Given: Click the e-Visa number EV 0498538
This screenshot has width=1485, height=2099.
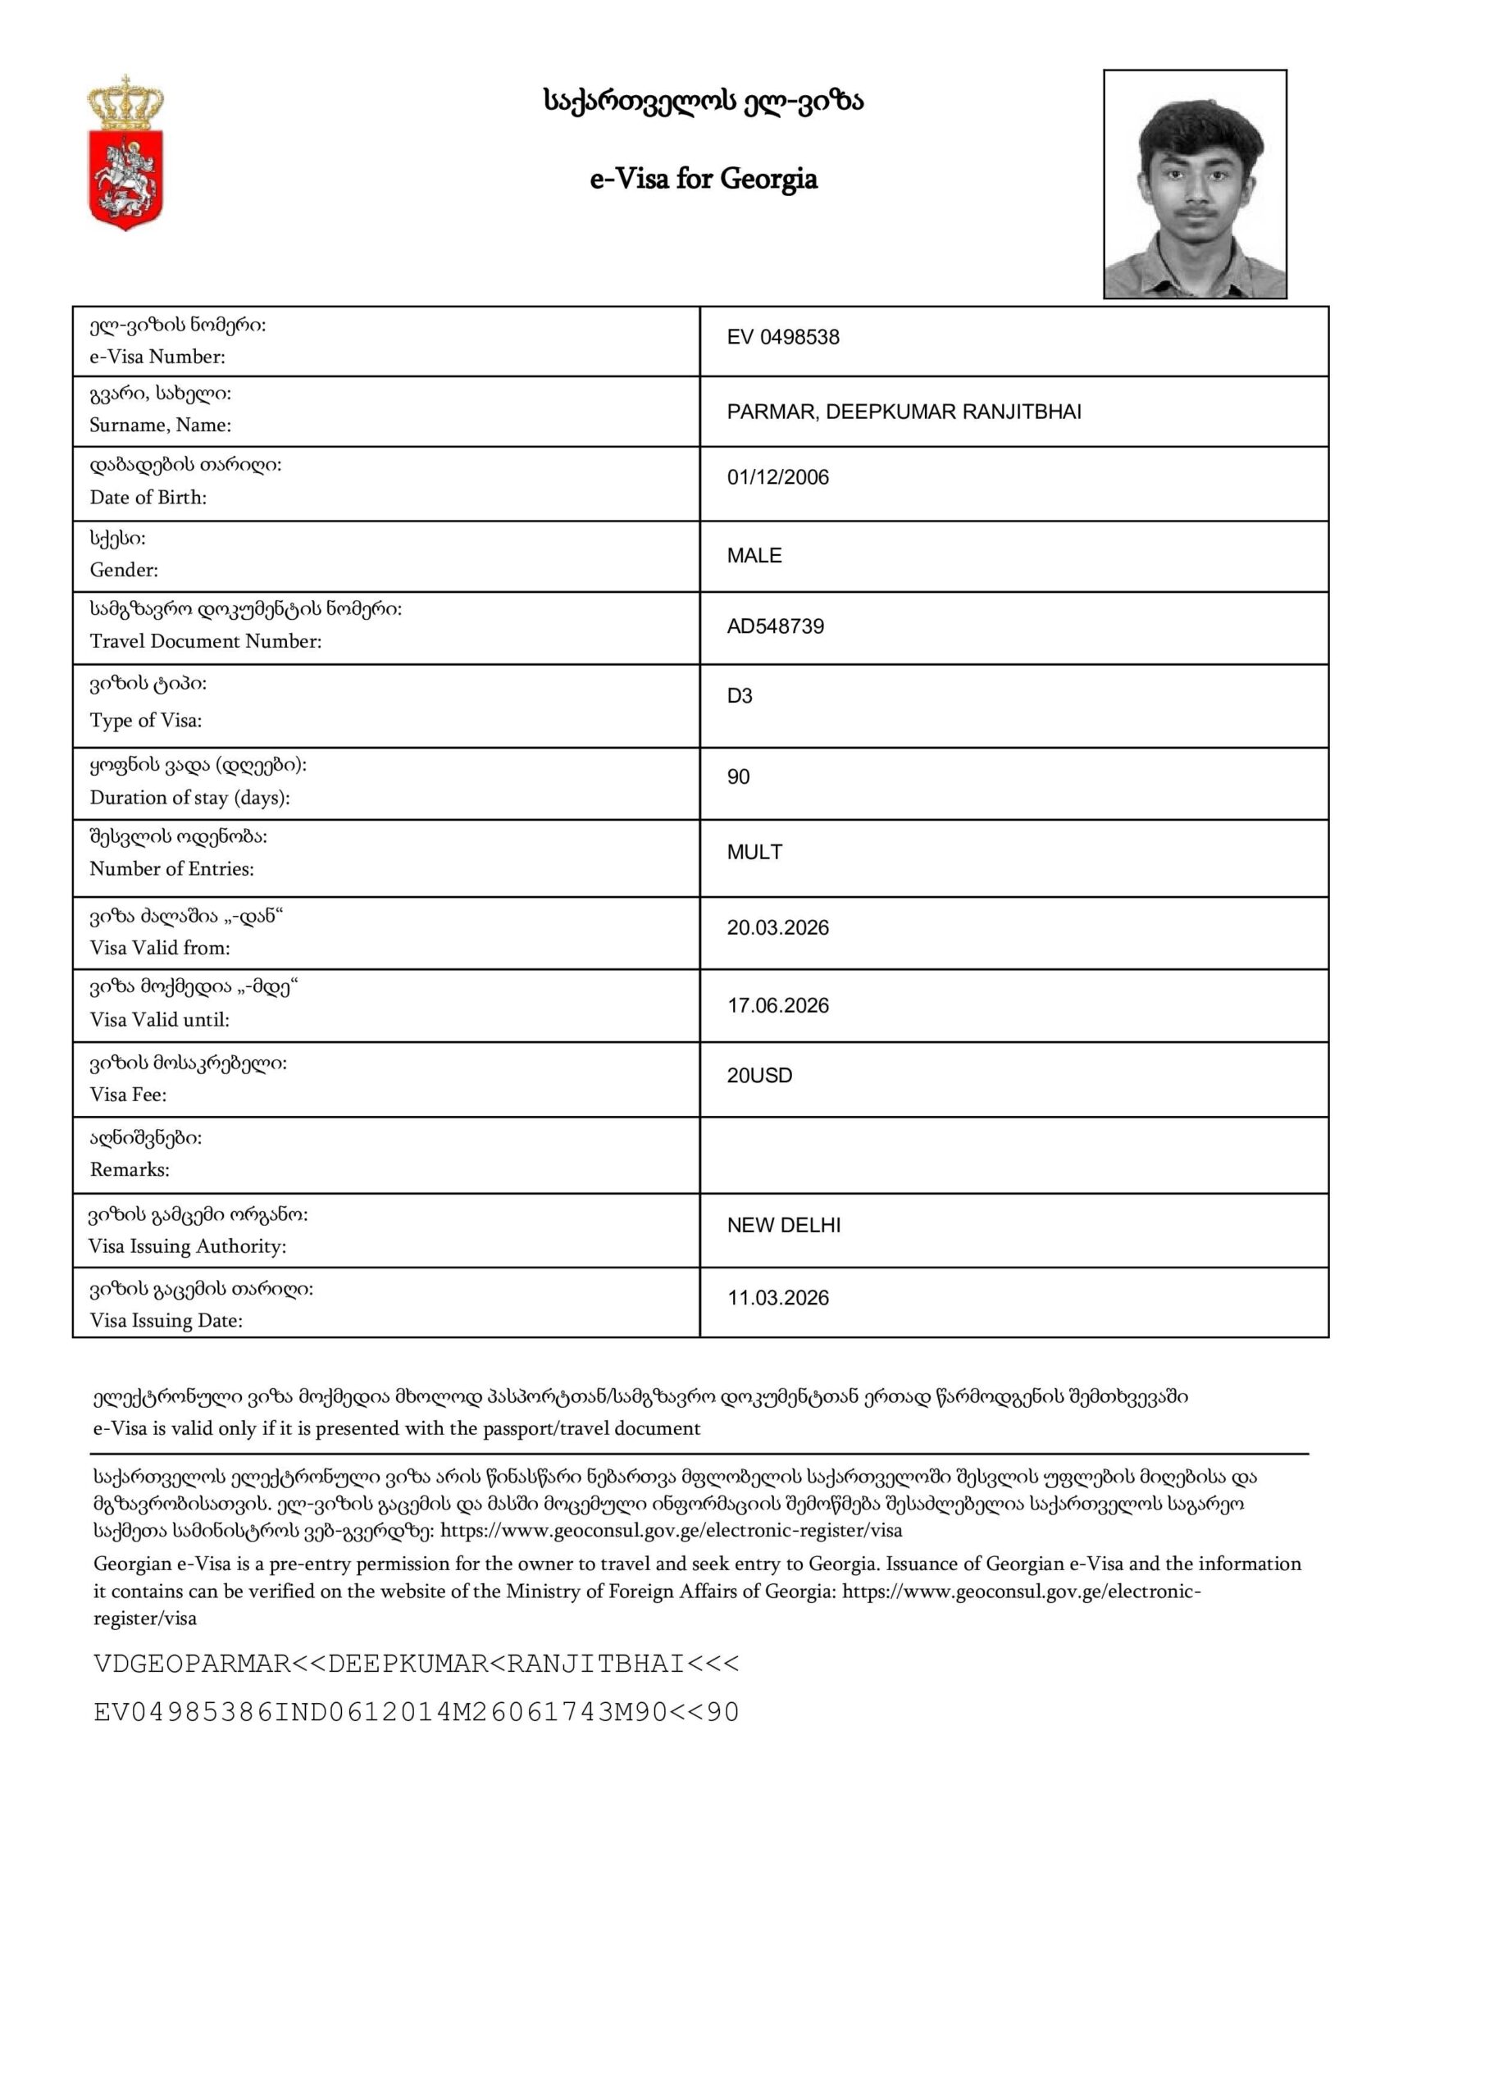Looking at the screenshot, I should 783,337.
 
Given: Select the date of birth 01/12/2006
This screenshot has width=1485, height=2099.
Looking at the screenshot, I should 778,477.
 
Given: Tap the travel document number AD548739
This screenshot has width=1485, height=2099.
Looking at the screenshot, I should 776,626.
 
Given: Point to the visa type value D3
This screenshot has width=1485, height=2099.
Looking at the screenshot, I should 740,697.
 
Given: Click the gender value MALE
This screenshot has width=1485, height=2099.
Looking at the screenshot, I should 754,556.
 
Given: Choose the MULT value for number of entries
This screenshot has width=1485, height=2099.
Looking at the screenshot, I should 754,852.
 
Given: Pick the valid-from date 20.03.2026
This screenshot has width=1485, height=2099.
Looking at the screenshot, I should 778,928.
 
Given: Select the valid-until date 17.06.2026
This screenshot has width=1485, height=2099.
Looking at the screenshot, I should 778,1005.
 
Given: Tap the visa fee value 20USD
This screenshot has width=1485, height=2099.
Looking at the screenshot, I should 760,1076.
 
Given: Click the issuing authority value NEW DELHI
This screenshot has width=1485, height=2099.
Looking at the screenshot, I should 784,1225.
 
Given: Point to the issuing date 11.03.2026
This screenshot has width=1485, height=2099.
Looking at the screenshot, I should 778,1298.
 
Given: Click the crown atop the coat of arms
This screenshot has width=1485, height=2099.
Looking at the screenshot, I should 125,103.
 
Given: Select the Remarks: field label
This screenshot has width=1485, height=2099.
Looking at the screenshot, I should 130,1169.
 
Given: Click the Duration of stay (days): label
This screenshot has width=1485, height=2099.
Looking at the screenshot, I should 189,797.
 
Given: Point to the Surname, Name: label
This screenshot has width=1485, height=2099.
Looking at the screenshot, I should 160,424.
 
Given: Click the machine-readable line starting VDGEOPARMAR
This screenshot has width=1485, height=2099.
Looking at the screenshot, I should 416,1664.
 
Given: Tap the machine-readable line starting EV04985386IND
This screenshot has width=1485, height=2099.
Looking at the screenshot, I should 416,1712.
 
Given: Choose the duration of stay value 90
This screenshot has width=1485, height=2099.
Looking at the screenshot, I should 738,777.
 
